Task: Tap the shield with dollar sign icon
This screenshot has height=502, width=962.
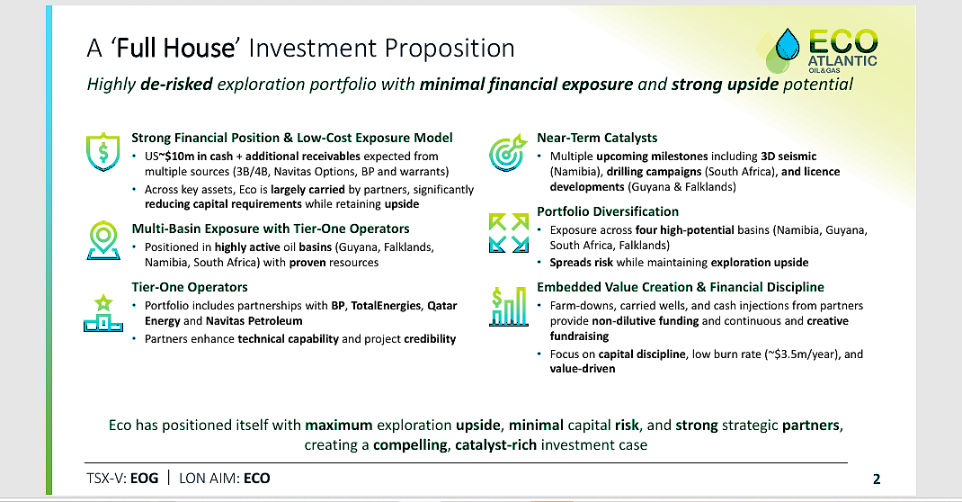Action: (103, 151)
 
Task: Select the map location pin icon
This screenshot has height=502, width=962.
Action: (103, 240)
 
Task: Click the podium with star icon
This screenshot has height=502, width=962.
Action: (103, 313)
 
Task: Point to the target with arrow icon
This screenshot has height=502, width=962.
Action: (507, 152)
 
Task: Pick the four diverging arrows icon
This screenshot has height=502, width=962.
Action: (509, 233)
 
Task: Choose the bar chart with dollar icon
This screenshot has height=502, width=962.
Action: (509, 306)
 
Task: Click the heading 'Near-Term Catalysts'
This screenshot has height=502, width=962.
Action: (597, 138)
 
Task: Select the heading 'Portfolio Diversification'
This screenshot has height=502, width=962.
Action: (608, 211)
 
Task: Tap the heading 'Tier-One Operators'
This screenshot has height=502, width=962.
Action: (190, 287)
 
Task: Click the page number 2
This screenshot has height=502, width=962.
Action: (877, 480)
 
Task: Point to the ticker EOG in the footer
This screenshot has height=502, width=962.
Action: (144, 478)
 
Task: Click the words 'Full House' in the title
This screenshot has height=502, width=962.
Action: (175, 48)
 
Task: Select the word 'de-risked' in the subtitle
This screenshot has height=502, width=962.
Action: (177, 84)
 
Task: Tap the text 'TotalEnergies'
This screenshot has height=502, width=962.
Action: (386, 306)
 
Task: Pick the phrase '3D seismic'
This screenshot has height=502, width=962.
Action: (788, 157)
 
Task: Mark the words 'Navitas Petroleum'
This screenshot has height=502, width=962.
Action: (254, 321)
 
